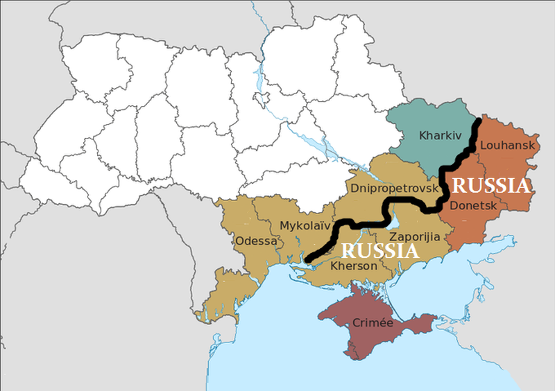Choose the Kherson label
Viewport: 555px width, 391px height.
pos(354,266)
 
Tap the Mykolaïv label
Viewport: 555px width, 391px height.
pos(305,225)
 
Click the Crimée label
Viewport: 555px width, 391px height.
pos(373,323)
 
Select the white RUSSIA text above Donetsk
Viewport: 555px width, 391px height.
pos(491,186)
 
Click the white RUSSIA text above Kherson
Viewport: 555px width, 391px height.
pos(382,251)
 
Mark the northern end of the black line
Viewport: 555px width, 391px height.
pos(479,122)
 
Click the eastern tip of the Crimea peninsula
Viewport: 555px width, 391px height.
pos(436,318)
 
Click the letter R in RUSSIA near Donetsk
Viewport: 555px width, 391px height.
pos(459,186)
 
